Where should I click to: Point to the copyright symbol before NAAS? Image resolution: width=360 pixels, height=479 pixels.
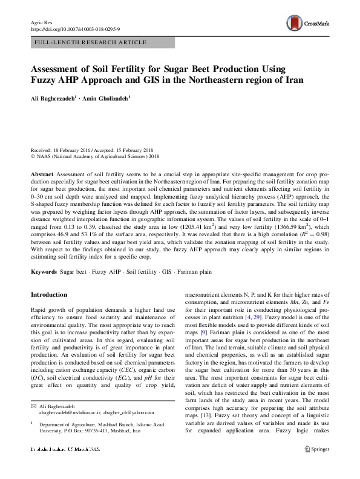tap(33, 156)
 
